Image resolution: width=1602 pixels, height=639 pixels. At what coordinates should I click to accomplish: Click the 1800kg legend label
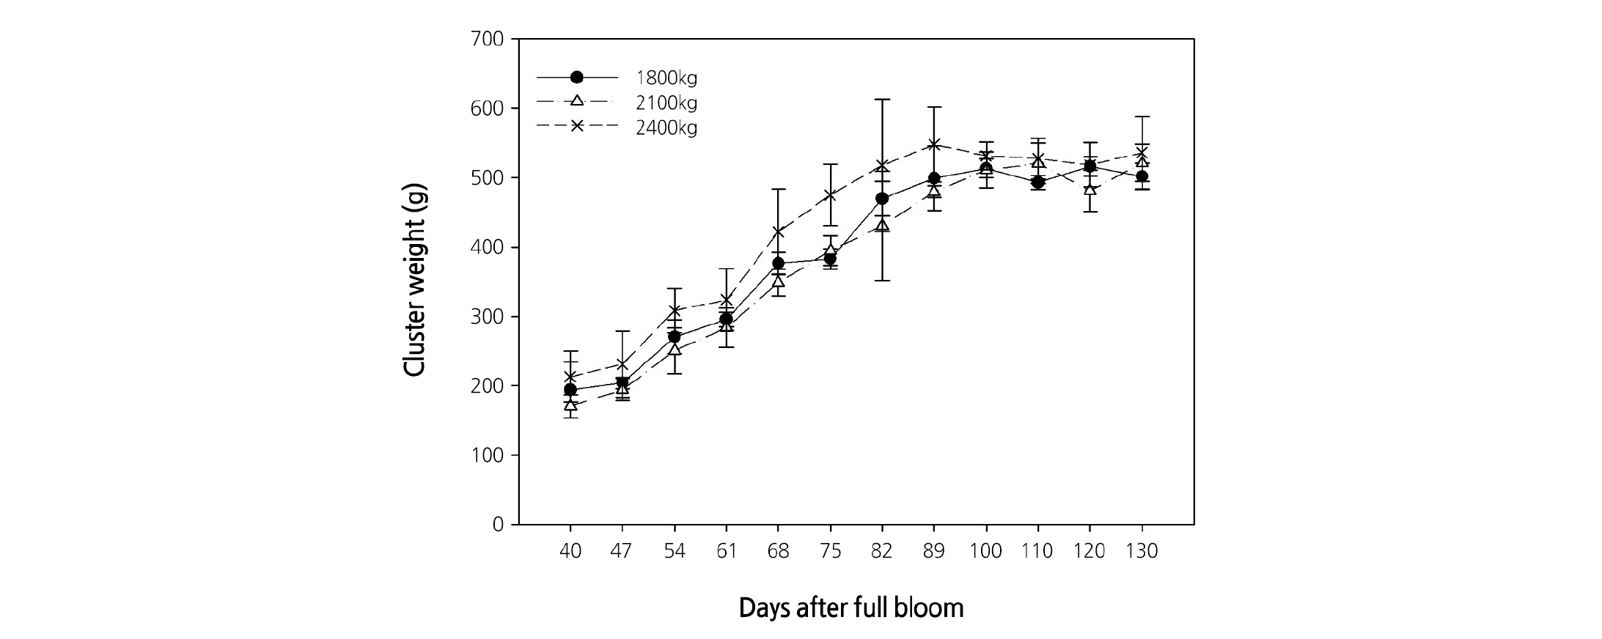click(x=666, y=78)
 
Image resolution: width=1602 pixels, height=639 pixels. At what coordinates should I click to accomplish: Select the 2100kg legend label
click(x=666, y=103)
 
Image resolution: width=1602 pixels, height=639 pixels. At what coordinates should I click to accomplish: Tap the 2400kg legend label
click(x=666, y=128)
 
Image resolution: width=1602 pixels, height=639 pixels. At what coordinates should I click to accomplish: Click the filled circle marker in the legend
click(x=577, y=77)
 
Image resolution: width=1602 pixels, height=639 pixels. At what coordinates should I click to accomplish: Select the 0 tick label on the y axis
click(x=499, y=525)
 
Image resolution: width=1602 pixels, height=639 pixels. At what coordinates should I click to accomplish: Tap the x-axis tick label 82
click(x=882, y=551)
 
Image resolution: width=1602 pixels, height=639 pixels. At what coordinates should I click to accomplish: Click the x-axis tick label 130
click(x=1142, y=551)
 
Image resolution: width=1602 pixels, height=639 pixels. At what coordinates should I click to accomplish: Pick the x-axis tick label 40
click(x=570, y=551)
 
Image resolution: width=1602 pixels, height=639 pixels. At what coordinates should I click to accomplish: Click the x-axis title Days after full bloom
click(x=851, y=608)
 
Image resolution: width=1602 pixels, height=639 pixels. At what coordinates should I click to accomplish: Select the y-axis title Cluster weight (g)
click(x=415, y=280)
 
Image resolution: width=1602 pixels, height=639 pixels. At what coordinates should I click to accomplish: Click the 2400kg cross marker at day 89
click(x=934, y=144)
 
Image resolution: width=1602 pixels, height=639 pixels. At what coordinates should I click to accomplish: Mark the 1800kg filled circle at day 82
click(x=882, y=199)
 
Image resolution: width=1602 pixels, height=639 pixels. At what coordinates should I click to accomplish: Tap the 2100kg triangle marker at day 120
click(x=1090, y=189)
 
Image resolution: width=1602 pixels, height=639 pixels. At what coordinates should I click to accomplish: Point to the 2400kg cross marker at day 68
click(x=779, y=232)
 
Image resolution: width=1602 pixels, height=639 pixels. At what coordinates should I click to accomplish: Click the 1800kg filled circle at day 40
click(x=570, y=390)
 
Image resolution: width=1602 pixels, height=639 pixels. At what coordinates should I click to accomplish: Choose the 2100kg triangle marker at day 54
click(x=675, y=350)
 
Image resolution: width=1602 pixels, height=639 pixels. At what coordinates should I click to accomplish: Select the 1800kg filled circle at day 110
click(x=1038, y=182)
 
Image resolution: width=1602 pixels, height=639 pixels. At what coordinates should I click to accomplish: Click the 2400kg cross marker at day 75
click(x=831, y=195)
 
